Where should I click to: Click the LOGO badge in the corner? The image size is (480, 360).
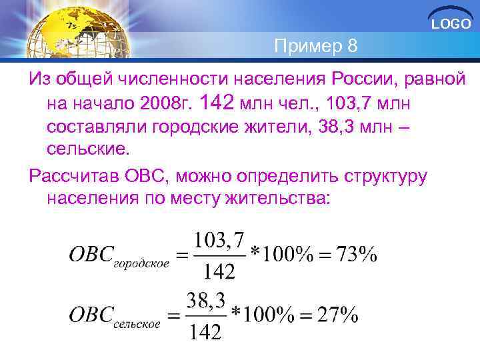coord(451,24)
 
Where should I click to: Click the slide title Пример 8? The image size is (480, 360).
coord(315,47)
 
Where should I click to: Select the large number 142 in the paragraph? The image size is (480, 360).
coord(221,103)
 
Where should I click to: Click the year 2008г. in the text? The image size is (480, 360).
coord(165,105)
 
